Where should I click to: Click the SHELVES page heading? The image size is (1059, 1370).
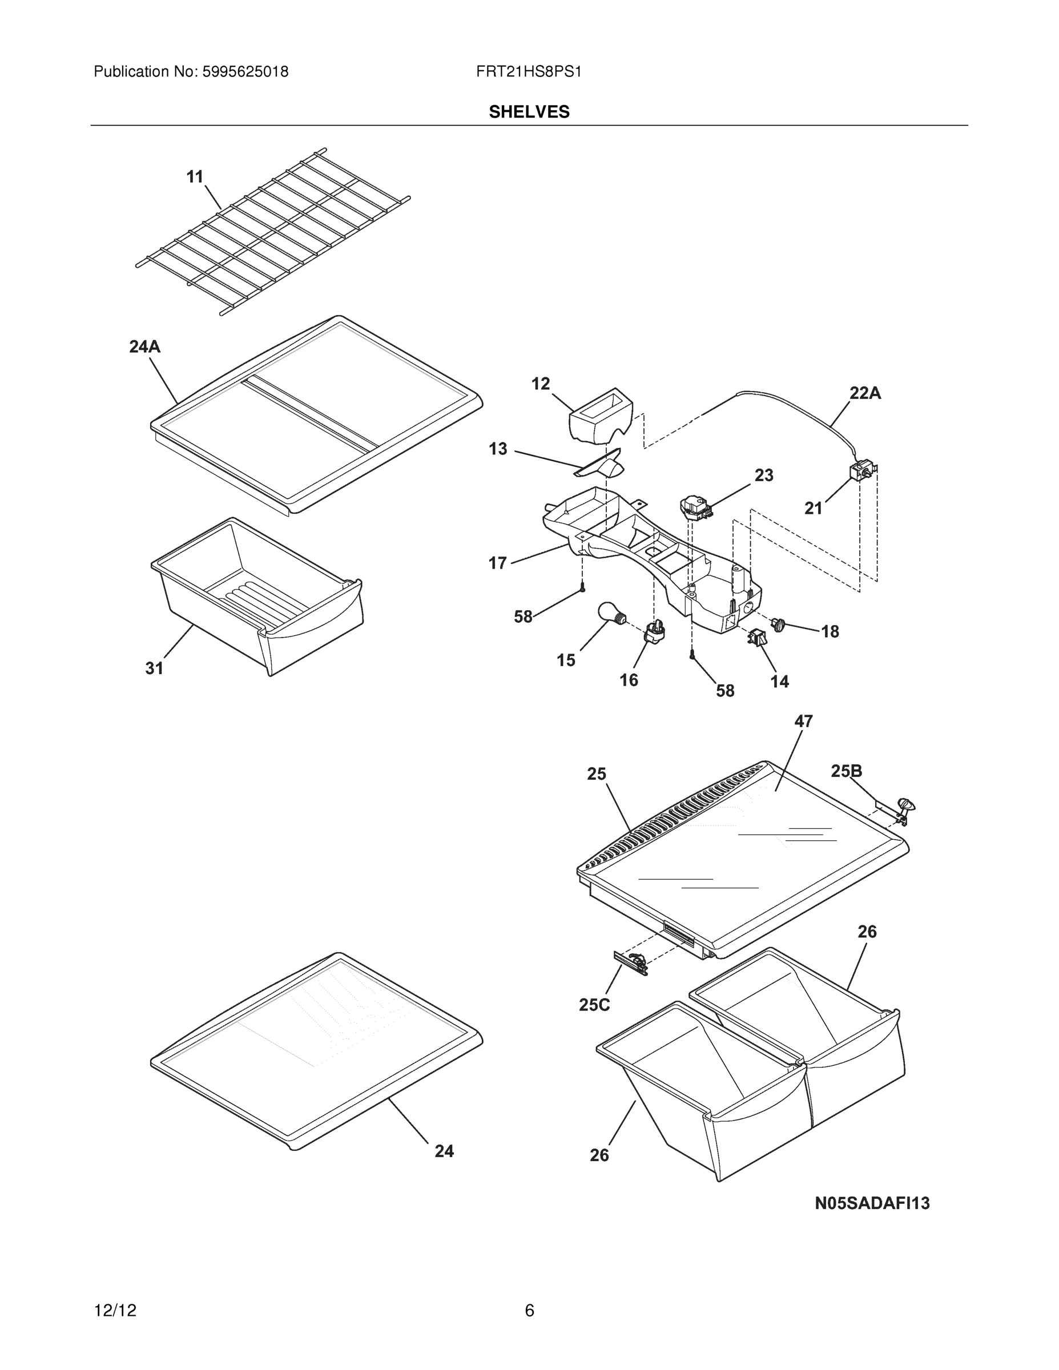529,112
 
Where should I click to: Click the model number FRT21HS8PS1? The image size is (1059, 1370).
528,72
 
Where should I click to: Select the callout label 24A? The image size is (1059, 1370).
144,346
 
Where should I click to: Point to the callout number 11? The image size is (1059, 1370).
195,177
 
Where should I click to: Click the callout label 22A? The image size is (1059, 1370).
864,393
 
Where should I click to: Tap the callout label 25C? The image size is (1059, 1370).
594,1005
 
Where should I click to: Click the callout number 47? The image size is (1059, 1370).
803,722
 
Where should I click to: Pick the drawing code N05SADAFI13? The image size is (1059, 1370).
871,1203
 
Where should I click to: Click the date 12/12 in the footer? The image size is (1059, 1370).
115,1311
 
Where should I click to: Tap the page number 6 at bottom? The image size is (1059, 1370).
529,1311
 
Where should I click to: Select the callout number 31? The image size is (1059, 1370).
154,668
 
